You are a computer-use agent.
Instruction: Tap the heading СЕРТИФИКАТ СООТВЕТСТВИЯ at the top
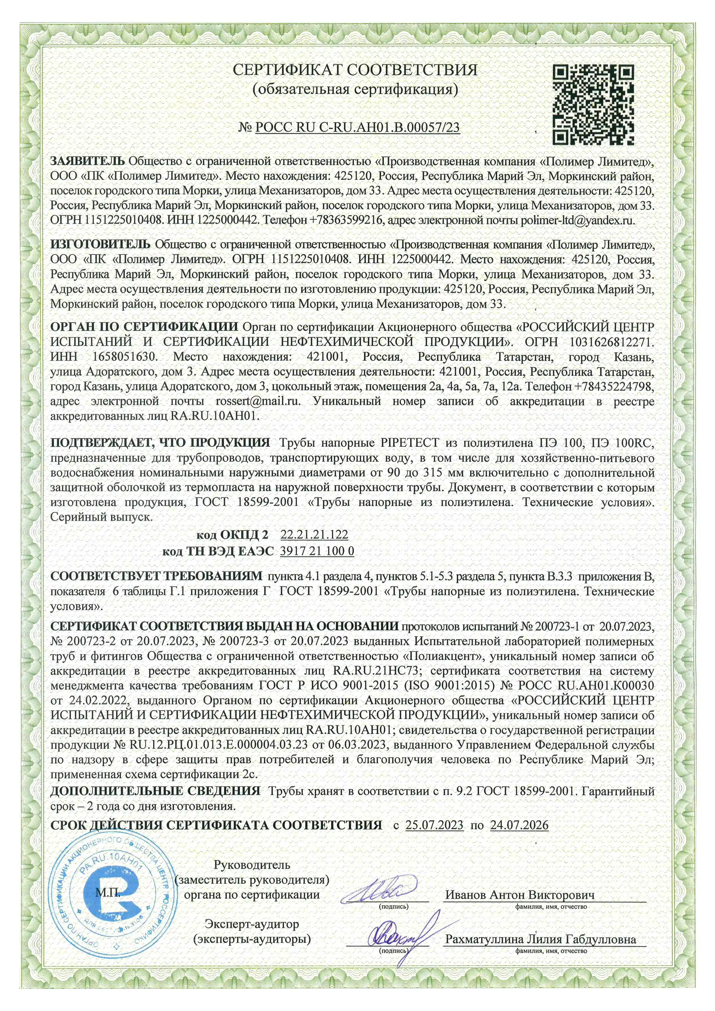(x=355, y=69)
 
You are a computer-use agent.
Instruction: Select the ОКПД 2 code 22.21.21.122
(x=314, y=534)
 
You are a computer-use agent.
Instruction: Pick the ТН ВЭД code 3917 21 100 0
(x=317, y=551)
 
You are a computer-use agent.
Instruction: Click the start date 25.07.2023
(x=434, y=825)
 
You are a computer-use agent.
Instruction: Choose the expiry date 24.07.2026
(x=519, y=825)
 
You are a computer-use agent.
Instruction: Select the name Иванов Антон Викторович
(x=520, y=895)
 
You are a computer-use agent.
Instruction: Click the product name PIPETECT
(x=409, y=443)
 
